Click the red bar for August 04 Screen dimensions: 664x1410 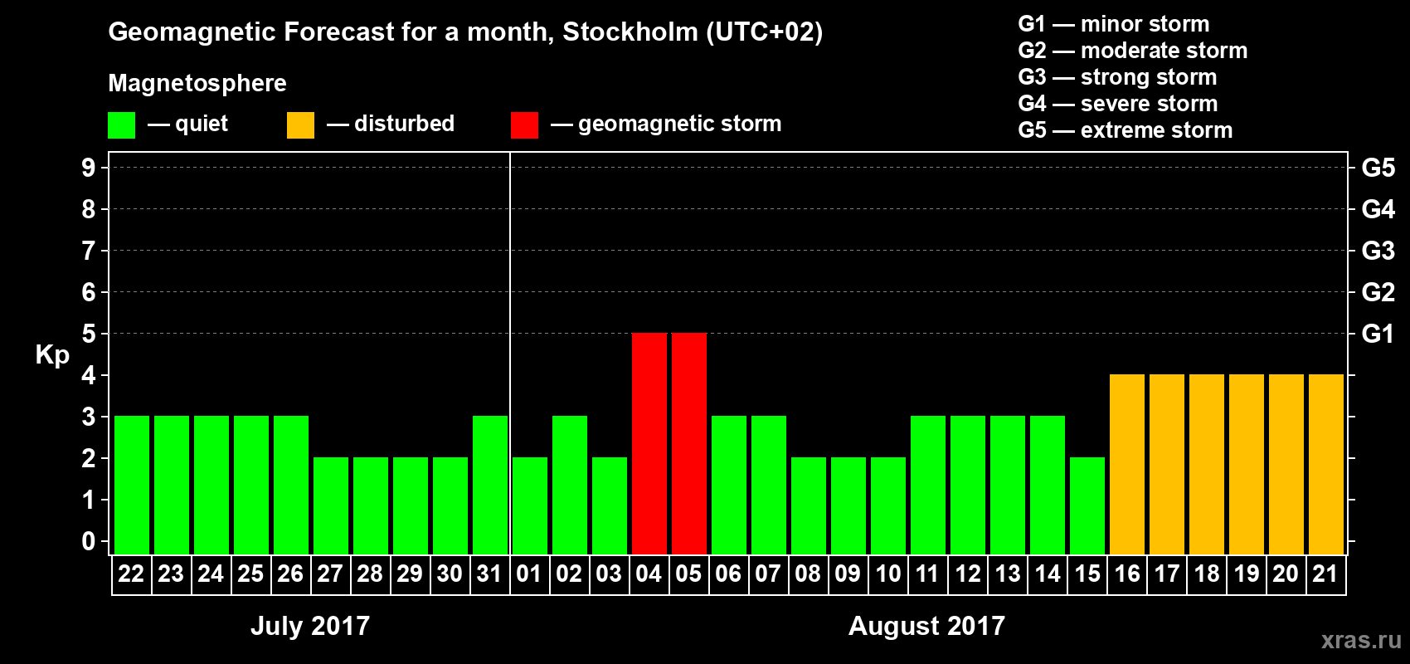[x=649, y=443]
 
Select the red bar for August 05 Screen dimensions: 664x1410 [x=688, y=443]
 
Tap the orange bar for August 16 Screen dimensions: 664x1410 [x=1126, y=464]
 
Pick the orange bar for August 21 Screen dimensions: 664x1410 [x=1325, y=464]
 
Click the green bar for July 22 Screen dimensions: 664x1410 [x=131, y=485]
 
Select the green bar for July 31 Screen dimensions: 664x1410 [x=489, y=485]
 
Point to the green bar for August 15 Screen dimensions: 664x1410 [x=1087, y=505]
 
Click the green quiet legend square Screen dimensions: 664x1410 [x=121, y=125]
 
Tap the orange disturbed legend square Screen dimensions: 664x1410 [x=300, y=125]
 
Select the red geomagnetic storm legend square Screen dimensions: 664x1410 [x=524, y=125]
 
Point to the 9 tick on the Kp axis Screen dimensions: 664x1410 [x=89, y=168]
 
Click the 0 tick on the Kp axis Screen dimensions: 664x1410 [x=89, y=542]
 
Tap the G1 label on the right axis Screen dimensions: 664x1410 [x=1378, y=334]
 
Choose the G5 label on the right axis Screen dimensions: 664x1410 [x=1378, y=168]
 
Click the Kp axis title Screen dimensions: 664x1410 [x=52, y=354]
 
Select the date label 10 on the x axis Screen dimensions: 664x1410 [x=887, y=574]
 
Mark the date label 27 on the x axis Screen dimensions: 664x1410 [x=330, y=574]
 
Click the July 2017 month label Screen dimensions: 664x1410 [x=310, y=625]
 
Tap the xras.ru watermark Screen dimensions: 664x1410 [x=1360, y=640]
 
